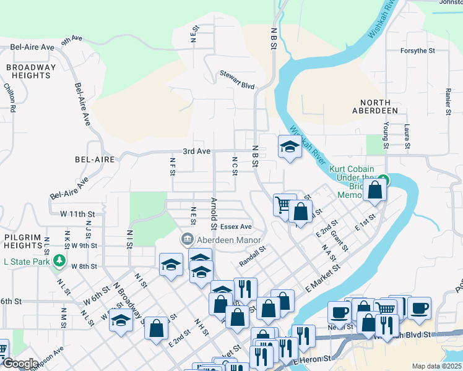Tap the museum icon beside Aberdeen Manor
pos(187,239)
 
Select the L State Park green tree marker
pos(59,262)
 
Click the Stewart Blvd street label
pos(237,75)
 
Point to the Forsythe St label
pos(418,51)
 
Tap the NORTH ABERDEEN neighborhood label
pos(371,106)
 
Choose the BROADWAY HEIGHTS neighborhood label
pos(31,71)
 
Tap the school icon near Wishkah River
pos(288,147)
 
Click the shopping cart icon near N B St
pos(283,203)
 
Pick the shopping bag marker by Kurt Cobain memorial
pos(374,190)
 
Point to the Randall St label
pos(253,255)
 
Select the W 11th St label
pos(77,213)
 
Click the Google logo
pos(20,364)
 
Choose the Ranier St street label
pos(447,101)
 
